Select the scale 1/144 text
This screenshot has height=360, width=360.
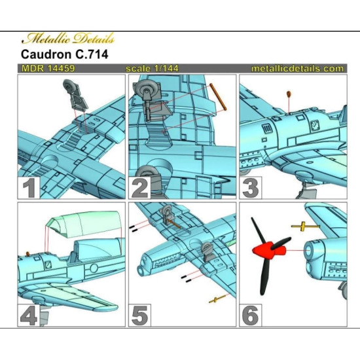151,69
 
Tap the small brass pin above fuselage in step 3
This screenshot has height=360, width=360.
289,96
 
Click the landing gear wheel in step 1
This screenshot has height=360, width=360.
72,85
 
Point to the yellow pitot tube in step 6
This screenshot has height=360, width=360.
304,226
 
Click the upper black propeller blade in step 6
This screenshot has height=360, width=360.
257,228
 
